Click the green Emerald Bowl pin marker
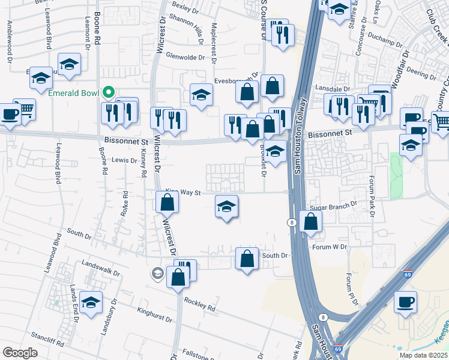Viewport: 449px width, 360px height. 108,93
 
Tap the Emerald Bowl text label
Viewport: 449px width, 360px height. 74,93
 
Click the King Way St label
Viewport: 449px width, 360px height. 182,192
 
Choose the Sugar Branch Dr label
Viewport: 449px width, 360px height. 333,205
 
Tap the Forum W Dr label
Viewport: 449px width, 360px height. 330,247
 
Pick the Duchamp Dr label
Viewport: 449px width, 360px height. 385,43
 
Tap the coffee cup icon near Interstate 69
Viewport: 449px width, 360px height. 405,301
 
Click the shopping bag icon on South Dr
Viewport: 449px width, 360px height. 247,259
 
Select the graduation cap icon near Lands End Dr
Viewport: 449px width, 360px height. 91,302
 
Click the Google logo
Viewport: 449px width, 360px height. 20,353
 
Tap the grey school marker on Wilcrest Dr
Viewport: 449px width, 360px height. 157,274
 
